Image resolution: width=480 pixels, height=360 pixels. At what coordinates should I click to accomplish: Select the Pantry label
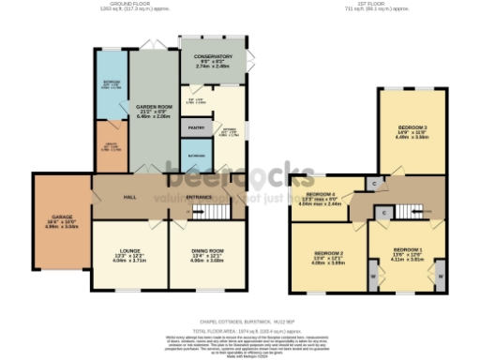click(196, 127)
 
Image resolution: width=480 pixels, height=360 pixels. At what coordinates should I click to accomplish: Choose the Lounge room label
click(131, 252)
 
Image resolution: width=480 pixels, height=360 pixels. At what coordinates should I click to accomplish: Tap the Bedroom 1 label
click(404, 252)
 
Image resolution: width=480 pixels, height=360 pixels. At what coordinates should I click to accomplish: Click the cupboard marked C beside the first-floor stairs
click(385, 214)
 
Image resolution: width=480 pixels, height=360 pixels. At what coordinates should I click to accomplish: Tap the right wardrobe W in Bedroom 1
click(441, 276)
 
